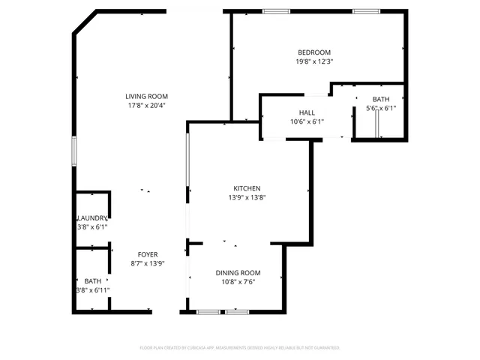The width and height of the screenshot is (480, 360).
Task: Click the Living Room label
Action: click(146, 96)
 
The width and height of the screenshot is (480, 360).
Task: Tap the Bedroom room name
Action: click(314, 52)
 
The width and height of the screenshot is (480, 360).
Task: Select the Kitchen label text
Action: click(247, 188)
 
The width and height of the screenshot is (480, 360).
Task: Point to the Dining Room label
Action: click(238, 272)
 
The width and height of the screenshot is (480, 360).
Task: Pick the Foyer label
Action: click(147, 254)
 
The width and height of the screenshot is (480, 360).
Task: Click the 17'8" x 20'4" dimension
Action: click(146, 105)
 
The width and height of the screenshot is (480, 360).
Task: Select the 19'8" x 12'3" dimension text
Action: click(314, 62)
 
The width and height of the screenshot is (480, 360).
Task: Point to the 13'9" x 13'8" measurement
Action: click(247, 198)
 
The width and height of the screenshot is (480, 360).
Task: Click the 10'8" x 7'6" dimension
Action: click(238, 282)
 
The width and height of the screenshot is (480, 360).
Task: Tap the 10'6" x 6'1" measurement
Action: click(307, 121)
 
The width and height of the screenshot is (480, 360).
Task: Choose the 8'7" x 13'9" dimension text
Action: click(147, 263)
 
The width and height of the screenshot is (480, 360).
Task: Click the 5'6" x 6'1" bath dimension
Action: click(381, 108)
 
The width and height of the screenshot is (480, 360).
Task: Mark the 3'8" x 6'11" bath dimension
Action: click(92, 289)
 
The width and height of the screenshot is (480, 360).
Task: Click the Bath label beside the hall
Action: click(381, 99)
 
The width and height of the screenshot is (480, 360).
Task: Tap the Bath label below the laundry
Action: click(92, 280)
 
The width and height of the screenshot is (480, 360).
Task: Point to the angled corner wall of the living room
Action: click(85, 22)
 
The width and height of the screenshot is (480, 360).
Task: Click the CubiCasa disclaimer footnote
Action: click(240, 348)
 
